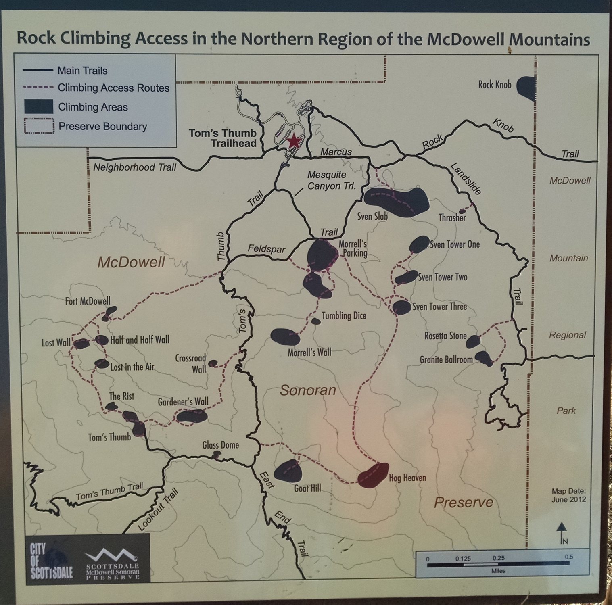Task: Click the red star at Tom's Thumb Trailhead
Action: click(294, 142)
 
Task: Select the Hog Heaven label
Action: click(407, 478)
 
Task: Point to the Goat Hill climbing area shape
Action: click(288, 470)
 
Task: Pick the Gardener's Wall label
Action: click(183, 402)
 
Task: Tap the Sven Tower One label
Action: click(455, 244)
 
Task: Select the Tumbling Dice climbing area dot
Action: click(315, 321)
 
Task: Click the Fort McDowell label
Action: click(88, 301)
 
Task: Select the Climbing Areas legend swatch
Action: click(38, 107)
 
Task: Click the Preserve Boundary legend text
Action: click(103, 127)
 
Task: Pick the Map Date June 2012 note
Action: click(568, 495)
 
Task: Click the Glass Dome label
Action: click(220, 445)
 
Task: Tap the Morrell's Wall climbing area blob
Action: click(285, 337)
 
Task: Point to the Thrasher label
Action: click(452, 218)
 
